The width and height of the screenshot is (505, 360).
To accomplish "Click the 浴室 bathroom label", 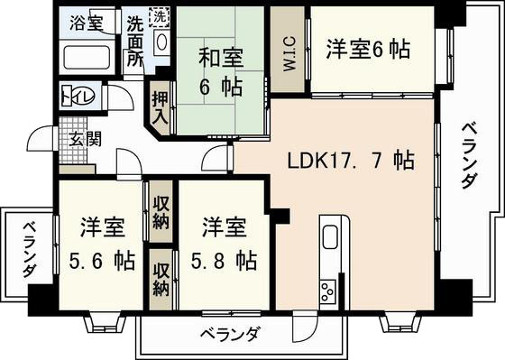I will point(87,21).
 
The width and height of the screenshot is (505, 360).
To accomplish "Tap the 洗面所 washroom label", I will point(135,40).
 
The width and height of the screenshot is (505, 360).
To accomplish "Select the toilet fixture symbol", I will point(71,94).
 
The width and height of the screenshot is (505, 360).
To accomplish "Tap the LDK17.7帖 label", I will point(351,162).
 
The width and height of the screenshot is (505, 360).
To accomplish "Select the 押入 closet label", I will point(161,106).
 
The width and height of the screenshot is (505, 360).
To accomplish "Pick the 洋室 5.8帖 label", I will point(221,244).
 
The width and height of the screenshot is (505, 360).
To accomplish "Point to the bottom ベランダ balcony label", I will point(228,334).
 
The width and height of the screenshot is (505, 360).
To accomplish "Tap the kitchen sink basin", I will point(329,237).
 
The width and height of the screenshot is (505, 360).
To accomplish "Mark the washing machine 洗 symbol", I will point(159,16).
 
